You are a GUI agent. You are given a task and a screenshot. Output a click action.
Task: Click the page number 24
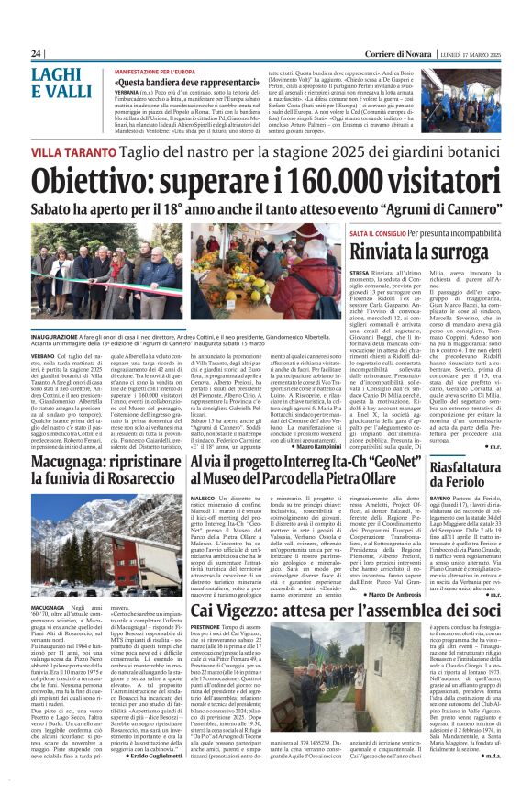coord(37,54)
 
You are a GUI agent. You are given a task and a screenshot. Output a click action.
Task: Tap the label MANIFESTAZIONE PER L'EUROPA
coord(156,70)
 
